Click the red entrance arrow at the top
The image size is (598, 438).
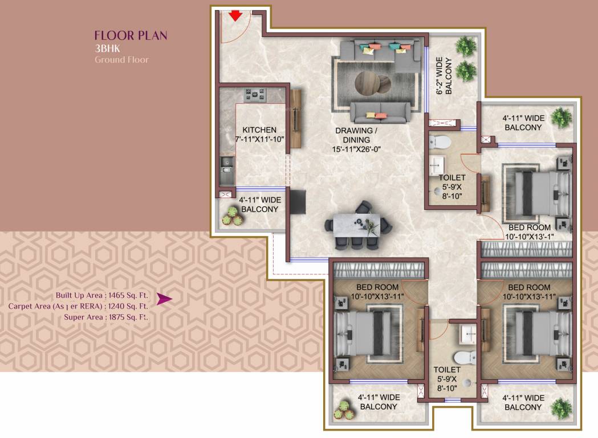coord(235,15)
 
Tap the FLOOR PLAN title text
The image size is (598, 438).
coord(131,36)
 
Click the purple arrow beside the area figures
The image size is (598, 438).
coord(164,299)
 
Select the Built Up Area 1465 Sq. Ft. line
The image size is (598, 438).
coord(101,295)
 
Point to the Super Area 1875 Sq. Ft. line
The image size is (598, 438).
coord(105,317)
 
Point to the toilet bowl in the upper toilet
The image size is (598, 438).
coord(440,140)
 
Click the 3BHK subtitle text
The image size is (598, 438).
coord(107,48)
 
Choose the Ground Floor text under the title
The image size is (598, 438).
coord(121,59)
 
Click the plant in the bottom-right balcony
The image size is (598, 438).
coord(562,407)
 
